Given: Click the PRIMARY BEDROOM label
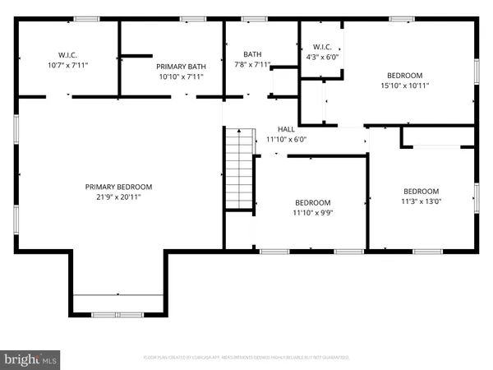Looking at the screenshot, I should (118, 187).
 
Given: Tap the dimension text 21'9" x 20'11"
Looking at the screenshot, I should (118, 197).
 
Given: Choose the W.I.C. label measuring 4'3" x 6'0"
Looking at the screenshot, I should (316, 46).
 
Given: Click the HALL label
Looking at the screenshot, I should (286, 129).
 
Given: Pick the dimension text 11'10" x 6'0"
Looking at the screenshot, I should (286, 140).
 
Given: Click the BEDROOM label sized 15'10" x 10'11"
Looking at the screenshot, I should (404, 74).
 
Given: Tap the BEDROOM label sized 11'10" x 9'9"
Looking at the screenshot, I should (312, 203).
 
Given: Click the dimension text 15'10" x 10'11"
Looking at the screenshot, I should (404, 85).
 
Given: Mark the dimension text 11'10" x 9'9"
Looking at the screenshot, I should (312, 214).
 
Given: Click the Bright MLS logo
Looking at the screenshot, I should (31, 358).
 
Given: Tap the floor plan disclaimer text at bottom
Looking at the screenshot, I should (246, 358).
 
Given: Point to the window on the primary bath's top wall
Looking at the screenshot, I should (192, 19).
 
